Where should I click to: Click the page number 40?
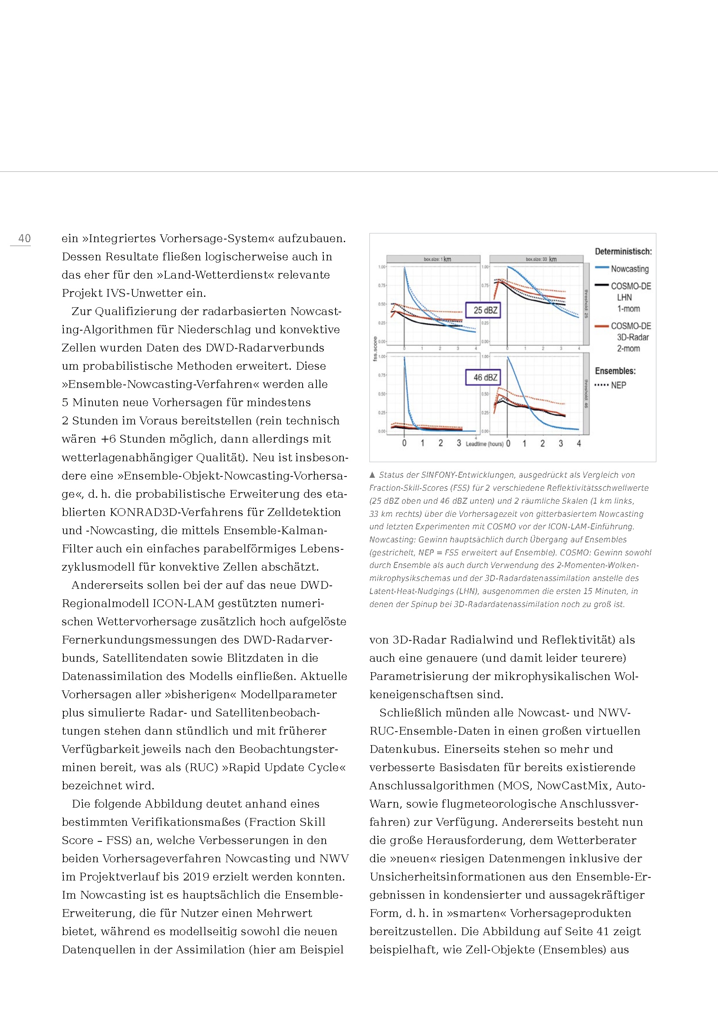[24, 239]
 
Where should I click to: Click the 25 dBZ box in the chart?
[485, 310]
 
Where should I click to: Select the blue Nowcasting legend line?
[602, 268]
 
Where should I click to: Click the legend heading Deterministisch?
[623, 252]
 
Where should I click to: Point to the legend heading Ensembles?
[615, 371]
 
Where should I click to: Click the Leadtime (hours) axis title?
[484, 444]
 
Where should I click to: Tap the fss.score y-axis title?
[375, 349]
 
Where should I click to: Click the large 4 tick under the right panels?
[579, 443]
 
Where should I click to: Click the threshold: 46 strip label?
[586, 394]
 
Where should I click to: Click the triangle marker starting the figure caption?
[372, 475]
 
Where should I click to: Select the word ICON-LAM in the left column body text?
[184, 604]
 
